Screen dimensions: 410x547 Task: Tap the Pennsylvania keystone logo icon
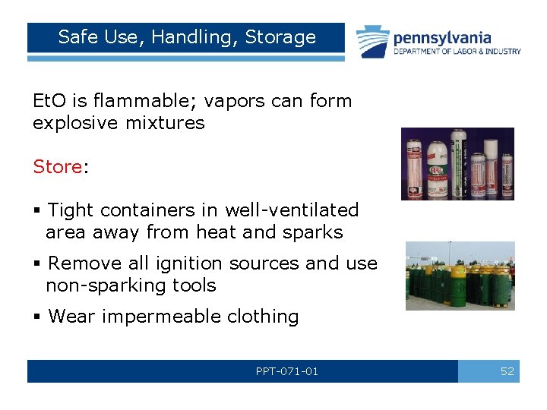click(372, 41)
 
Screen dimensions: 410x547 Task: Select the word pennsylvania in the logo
click(441, 37)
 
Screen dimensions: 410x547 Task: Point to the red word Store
click(58, 166)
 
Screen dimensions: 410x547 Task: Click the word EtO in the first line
click(47, 100)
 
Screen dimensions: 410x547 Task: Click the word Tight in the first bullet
click(71, 210)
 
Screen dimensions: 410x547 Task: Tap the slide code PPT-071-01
click(287, 371)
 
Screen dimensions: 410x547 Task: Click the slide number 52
click(507, 371)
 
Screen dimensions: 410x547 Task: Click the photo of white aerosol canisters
click(457, 163)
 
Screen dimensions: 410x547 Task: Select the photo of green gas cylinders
click(460, 276)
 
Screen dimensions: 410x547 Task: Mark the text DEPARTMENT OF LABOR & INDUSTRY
click(457, 52)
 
